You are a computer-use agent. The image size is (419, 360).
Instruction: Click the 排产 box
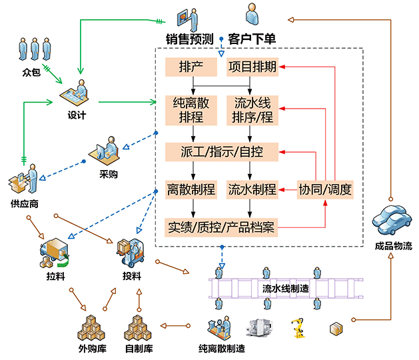pyautogui.click(x=192, y=67)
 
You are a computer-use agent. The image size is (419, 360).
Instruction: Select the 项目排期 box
pyautogui.click(x=252, y=67)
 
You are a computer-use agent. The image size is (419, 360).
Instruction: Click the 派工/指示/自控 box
pyautogui.click(x=222, y=151)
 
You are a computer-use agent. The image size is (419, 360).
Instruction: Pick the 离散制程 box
pyautogui.click(x=192, y=189)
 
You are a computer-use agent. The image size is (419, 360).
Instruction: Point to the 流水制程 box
pyautogui.click(x=252, y=189)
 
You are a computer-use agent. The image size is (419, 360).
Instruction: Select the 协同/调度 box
pyautogui.click(x=324, y=189)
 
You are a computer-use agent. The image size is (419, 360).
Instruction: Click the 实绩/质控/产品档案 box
pyautogui.click(x=222, y=227)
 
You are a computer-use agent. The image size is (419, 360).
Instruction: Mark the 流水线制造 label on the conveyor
pyautogui.click(x=285, y=288)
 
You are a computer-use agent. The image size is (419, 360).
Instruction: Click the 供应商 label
pyautogui.click(x=24, y=203)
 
